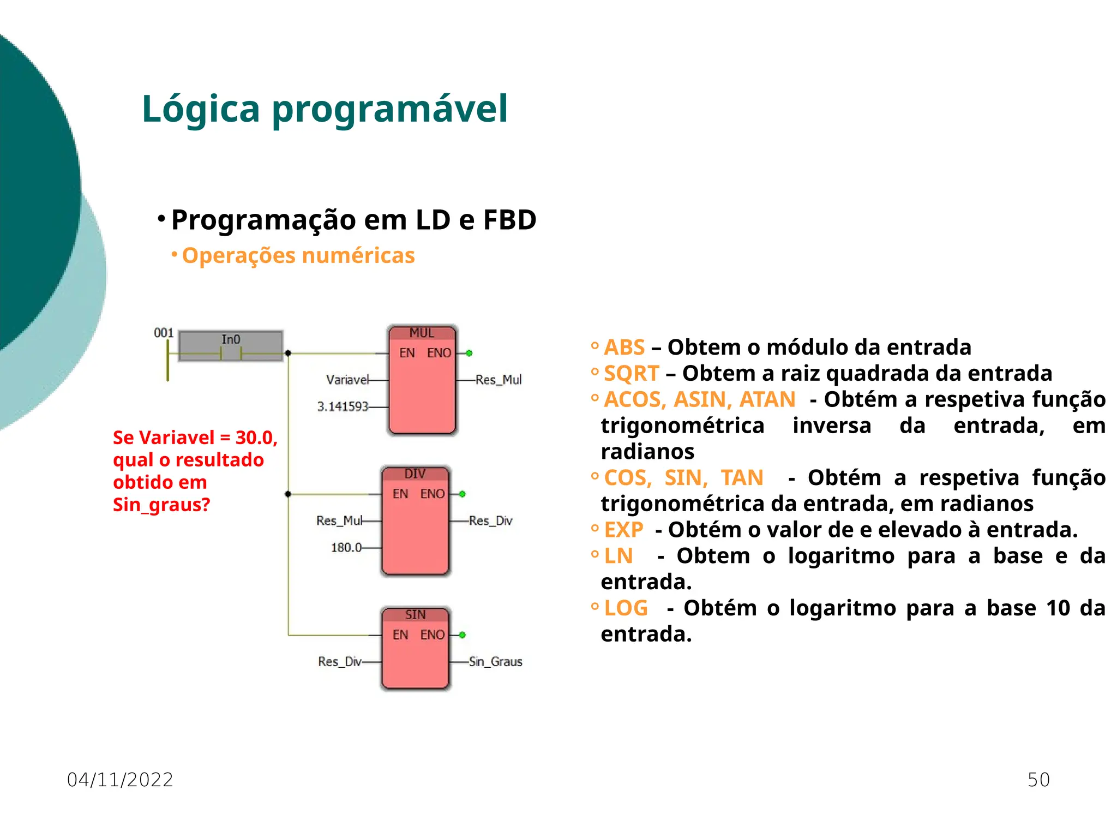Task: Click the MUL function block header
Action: pyautogui.click(x=422, y=333)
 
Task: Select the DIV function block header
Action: pyautogui.click(x=415, y=474)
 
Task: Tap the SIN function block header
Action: pyautogui.click(x=415, y=615)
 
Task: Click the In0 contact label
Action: pyautogui.click(x=231, y=339)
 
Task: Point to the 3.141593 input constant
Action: pyautogui.click(x=343, y=406)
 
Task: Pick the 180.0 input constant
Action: pyautogui.click(x=346, y=547)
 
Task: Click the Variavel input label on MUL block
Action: pyautogui.click(x=347, y=380)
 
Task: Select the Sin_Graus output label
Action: pyautogui.click(x=496, y=662)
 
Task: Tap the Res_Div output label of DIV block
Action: pyautogui.click(x=491, y=521)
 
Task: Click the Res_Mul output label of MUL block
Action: pyautogui.click(x=499, y=380)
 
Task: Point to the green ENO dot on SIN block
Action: pyautogui.click(x=463, y=635)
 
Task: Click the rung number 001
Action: pyautogui.click(x=164, y=333)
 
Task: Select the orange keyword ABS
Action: pyautogui.click(x=624, y=348)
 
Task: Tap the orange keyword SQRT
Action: pyautogui.click(x=632, y=374)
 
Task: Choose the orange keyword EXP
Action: pyautogui.click(x=624, y=530)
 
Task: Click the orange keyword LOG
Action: pyautogui.click(x=626, y=608)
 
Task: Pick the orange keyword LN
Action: pyautogui.click(x=618, y=556)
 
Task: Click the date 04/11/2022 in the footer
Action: pyautogui.click(x=120, y=780)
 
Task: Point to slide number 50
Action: pyautogui.click(x=1038, y=780)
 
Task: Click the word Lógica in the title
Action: pyautogui.click(x=201, y=109)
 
